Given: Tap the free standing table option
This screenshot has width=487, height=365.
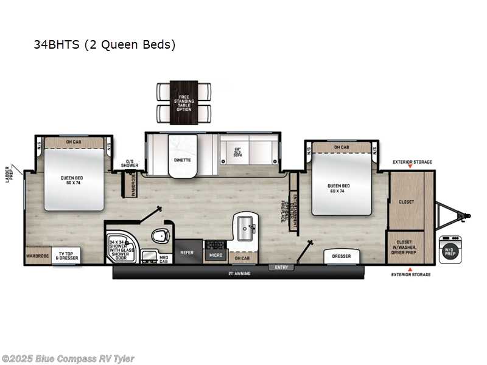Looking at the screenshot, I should (x=184, y=102).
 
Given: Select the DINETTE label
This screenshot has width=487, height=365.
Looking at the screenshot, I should (x=183, y=160).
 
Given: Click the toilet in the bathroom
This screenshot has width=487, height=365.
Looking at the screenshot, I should (x=160, y=236).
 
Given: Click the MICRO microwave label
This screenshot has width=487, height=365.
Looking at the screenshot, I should (x=215, y=255).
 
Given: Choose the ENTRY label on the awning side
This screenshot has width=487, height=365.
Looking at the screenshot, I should (x=281, y=266).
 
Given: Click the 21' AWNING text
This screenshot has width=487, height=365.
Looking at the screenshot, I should (x=239, y=274).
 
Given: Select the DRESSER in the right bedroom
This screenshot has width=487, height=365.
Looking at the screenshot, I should (x=341, y=256).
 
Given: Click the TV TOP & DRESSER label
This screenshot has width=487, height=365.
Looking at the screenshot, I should (x=69, y=255).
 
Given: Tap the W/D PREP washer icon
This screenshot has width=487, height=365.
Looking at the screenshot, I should (x=449, y=249).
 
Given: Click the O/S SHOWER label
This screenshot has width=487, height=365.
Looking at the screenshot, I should (x=129, y=164).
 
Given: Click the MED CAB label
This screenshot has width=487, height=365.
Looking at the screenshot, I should (x=164, y=258).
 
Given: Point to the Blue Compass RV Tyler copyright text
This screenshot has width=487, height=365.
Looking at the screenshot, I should (x=68, y=359).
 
